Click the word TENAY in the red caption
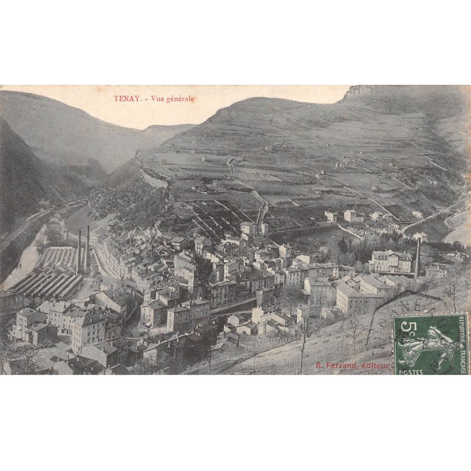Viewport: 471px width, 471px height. click(x=127, y=99)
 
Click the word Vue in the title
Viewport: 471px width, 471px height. click(x=157, y=99)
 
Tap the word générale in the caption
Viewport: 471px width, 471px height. click(x=180, y=99)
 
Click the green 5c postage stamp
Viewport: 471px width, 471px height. click(x=431, y=344)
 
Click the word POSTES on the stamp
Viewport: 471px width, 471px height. click(x=410, y=372)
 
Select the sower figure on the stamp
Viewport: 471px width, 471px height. click(x=433, y=346)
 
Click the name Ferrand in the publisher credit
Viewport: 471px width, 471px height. click(x=341, y=366)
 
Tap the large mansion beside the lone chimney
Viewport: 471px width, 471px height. click(x=390, y=261)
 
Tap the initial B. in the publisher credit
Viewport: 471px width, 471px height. click(x=319, y=366)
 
